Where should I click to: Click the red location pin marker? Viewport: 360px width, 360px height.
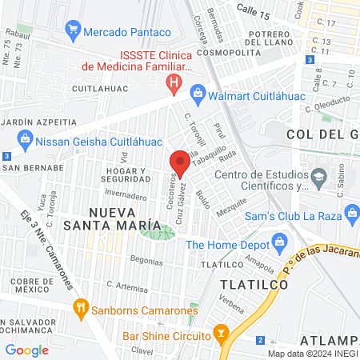(x=179, y=164)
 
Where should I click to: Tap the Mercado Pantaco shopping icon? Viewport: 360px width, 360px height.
(x=73, y=31)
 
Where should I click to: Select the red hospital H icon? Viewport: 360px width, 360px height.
(x=173, y=82)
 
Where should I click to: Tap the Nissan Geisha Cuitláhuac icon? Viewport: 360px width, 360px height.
(x=25, y=138)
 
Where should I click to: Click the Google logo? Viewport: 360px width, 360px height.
(x=26, y=350)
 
